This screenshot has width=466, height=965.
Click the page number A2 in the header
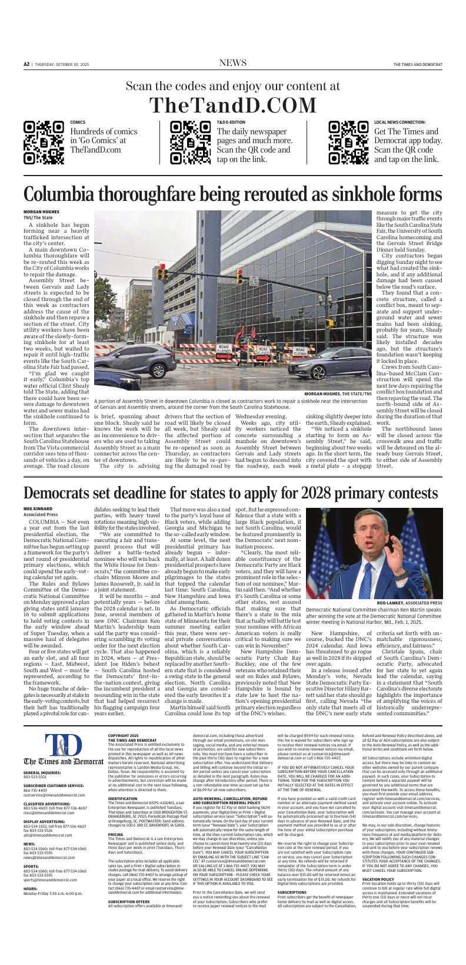(26, 64)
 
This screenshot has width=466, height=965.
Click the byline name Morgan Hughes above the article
(41, 211)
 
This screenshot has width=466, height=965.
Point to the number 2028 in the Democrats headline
(310, 492)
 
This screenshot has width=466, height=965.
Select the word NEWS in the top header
(233, 64)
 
